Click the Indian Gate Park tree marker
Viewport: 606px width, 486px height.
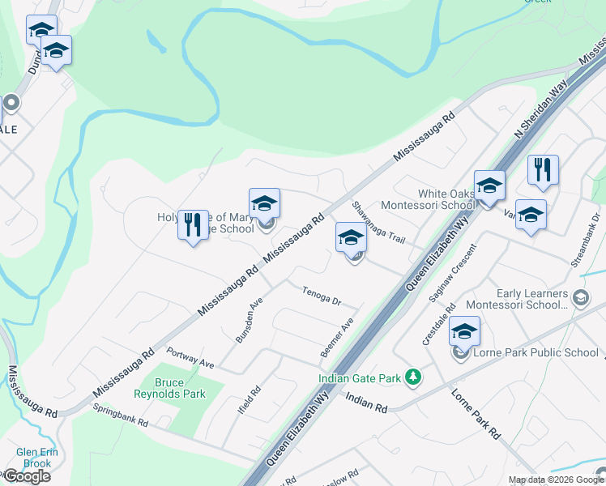coord(413,377)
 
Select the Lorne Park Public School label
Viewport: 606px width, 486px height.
coord(536,352)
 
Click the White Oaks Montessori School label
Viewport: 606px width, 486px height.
coord(446,199)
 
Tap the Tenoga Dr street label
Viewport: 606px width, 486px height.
coord(322,296)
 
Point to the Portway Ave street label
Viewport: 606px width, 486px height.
coord(190,358)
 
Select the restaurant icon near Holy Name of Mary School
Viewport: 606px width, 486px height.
coord(192,225)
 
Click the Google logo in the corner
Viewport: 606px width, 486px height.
coord(27,476)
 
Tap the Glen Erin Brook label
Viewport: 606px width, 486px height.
coord(33,458)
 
